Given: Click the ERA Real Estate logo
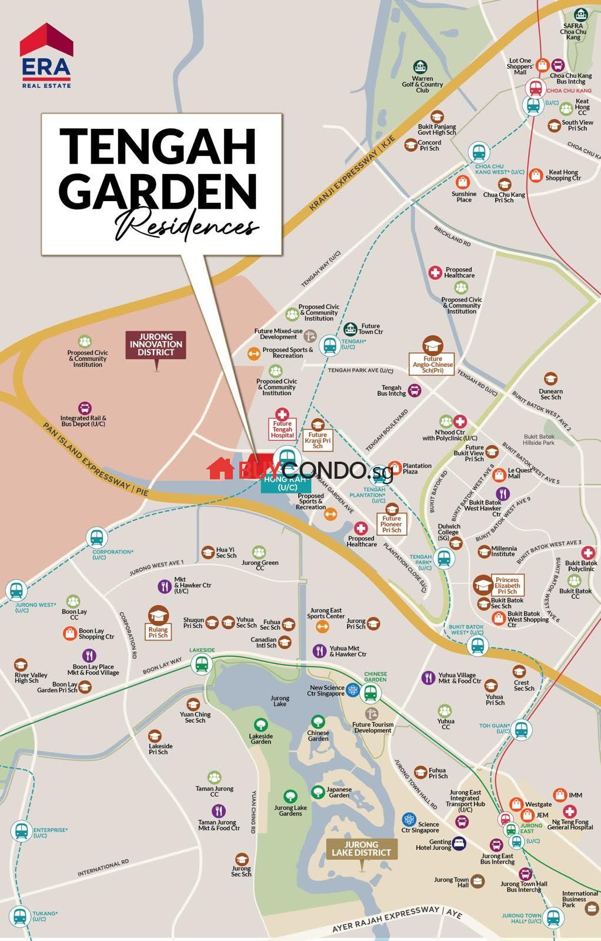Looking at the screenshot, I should click(46, 56).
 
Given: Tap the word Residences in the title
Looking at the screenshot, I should click(186, 225).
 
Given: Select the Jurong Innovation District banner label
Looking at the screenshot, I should click(156, 345).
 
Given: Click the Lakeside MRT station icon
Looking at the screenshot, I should click(202, 665).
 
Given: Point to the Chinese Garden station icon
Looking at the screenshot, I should click(370, 694).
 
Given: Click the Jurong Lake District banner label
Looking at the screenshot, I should click(360, 849).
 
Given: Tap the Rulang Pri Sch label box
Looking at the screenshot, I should click(158, 632).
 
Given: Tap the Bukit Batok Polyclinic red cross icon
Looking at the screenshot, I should click(587, 552).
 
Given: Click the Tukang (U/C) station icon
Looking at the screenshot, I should click(21, 916).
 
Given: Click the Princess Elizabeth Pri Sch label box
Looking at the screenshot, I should click(507, 585).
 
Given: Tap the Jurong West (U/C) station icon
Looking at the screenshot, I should click(15, 589).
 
